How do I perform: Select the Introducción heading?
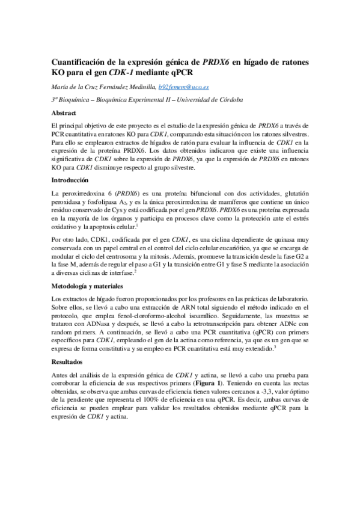71,180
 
